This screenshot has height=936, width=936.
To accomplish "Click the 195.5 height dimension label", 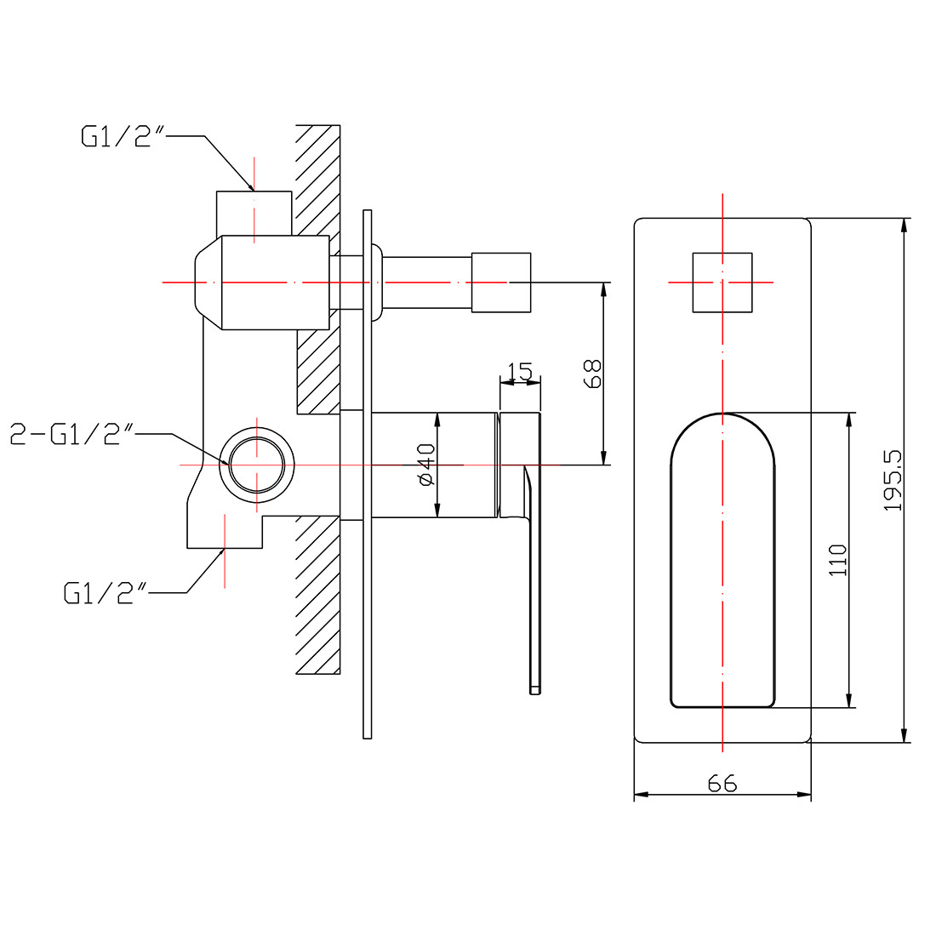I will click(892, 481).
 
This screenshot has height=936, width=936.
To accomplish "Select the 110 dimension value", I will click(838, 560).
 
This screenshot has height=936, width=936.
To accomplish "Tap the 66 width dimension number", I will click(722, 783).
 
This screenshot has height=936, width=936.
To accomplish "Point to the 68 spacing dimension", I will click(593, 374).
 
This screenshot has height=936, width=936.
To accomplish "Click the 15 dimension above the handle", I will click(520, 371).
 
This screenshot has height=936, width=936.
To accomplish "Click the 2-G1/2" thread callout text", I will click(73, 434).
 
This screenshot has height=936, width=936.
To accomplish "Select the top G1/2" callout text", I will click(122, 136).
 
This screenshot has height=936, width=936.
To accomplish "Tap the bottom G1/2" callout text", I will click(106, 592).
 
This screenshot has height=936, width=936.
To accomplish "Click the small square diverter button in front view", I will click(722, 282).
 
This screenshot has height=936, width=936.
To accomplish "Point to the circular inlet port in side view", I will click(257, 465).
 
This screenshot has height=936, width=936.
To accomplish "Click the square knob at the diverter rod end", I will click(501, 282).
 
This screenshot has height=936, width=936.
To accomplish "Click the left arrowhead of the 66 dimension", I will click(638, 795).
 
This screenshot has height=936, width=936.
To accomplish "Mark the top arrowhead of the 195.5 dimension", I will click(905, 224).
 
